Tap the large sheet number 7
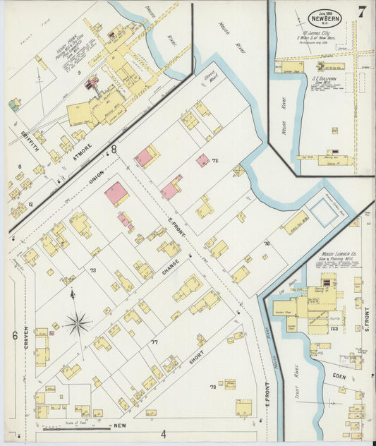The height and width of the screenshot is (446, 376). pos(362,12)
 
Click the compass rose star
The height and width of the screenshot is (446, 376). pos(78,324)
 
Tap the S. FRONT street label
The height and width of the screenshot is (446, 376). pos(366,317)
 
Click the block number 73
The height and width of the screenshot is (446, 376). pos(92,270)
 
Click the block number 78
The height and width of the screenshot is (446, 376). pos(212,387)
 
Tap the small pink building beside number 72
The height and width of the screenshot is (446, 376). pos(202,160)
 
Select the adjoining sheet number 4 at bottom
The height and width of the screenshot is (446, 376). pos(162,433)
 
